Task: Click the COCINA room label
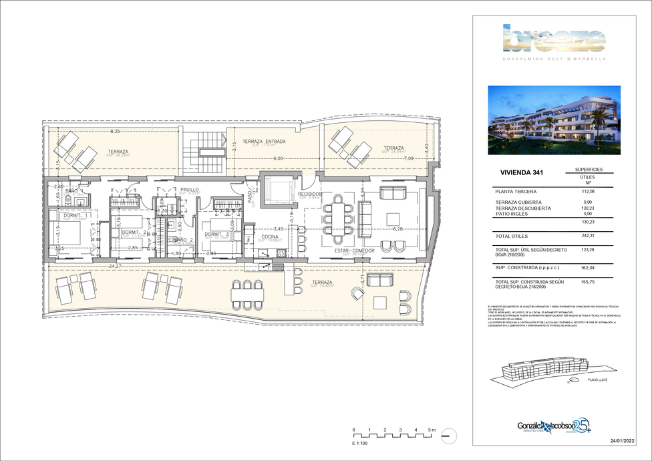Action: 270,237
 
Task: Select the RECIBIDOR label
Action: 311,194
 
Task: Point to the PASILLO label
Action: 190,190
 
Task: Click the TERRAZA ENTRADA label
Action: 264,142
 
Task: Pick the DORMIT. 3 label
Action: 216,235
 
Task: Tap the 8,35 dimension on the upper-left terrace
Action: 115,132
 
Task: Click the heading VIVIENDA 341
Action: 522,173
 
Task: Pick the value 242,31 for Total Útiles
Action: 589,236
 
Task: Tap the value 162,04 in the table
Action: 589,268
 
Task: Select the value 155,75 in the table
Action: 589,282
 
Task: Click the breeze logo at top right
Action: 553,41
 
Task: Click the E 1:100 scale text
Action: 361,443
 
